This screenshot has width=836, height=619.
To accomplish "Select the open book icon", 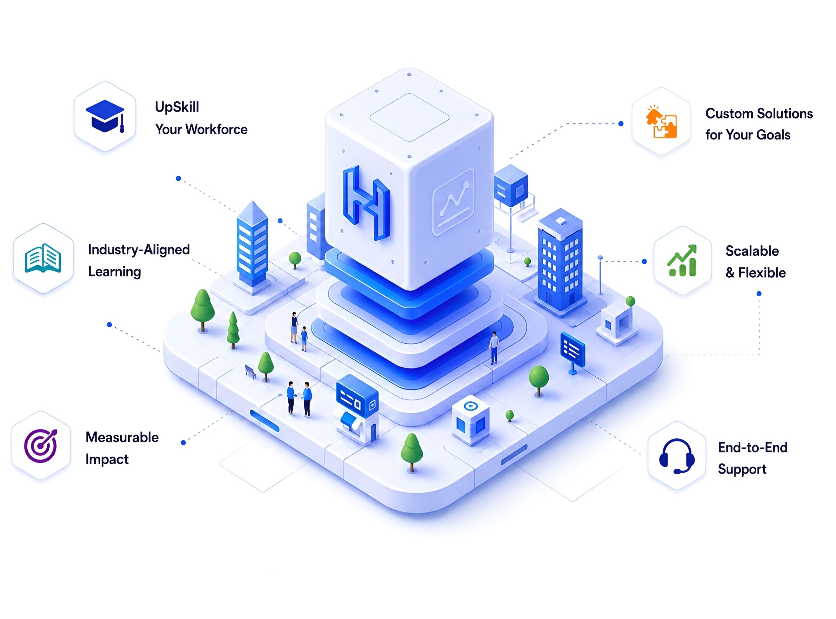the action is [43, 258].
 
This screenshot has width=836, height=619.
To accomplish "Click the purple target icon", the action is [41, 446].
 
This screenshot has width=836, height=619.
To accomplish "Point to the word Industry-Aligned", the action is [139, 250].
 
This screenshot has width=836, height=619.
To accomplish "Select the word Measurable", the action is [122, 437].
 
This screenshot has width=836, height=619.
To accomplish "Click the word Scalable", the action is [752, 251].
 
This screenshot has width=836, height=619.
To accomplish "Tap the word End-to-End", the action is [753, 448].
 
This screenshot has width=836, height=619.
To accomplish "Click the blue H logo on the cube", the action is [366, 203].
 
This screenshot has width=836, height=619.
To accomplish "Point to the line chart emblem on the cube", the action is [453, 202].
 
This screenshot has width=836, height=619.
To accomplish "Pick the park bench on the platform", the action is [250, 371].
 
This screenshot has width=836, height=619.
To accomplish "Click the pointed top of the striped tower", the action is [253, 202].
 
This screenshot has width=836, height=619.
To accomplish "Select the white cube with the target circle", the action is [471, 420].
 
